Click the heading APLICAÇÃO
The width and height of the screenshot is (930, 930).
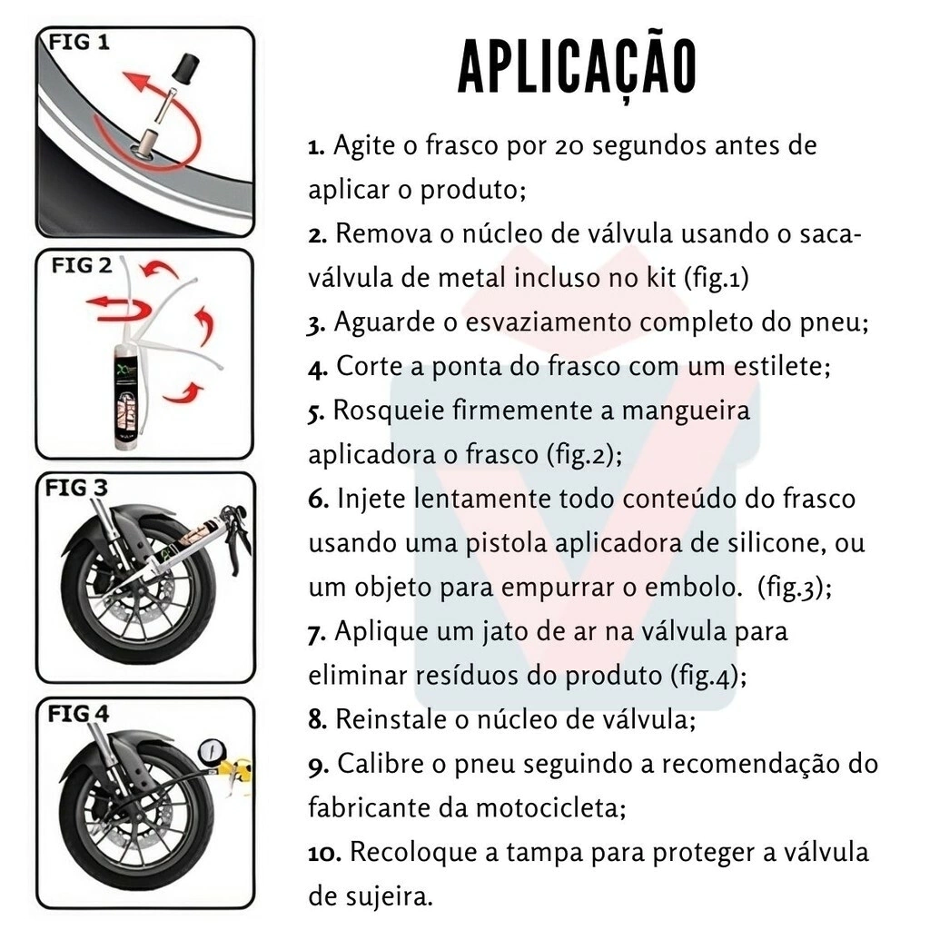pyautogui.click(x=577, y=67)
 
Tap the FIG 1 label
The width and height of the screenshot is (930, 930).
pyautogui.click(x=79, y=43)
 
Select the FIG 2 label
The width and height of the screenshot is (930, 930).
pyautogui.click(x=81, y=265)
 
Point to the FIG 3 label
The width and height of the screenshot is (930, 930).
pyautogui.click(x=76, y=488)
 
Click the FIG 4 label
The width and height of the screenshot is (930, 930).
pyautogui.click(x=78, y=714)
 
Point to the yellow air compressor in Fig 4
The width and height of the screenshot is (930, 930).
pyautogui.click(x=237, y=771)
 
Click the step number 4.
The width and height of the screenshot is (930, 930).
pyautogui.click(x=317, y=369)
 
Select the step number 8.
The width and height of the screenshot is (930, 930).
pyautogui.click(x=317, y=720)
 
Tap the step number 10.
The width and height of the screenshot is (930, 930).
pyautogui.click(x=324, y=853)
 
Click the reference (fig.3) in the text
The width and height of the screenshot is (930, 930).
pyautogui.click(x=795, y=588)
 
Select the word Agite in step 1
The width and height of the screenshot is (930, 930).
pyautogui.click(x=363, y=146)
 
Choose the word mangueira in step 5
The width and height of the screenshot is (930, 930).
pyautogui.click(x=686, y=411)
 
